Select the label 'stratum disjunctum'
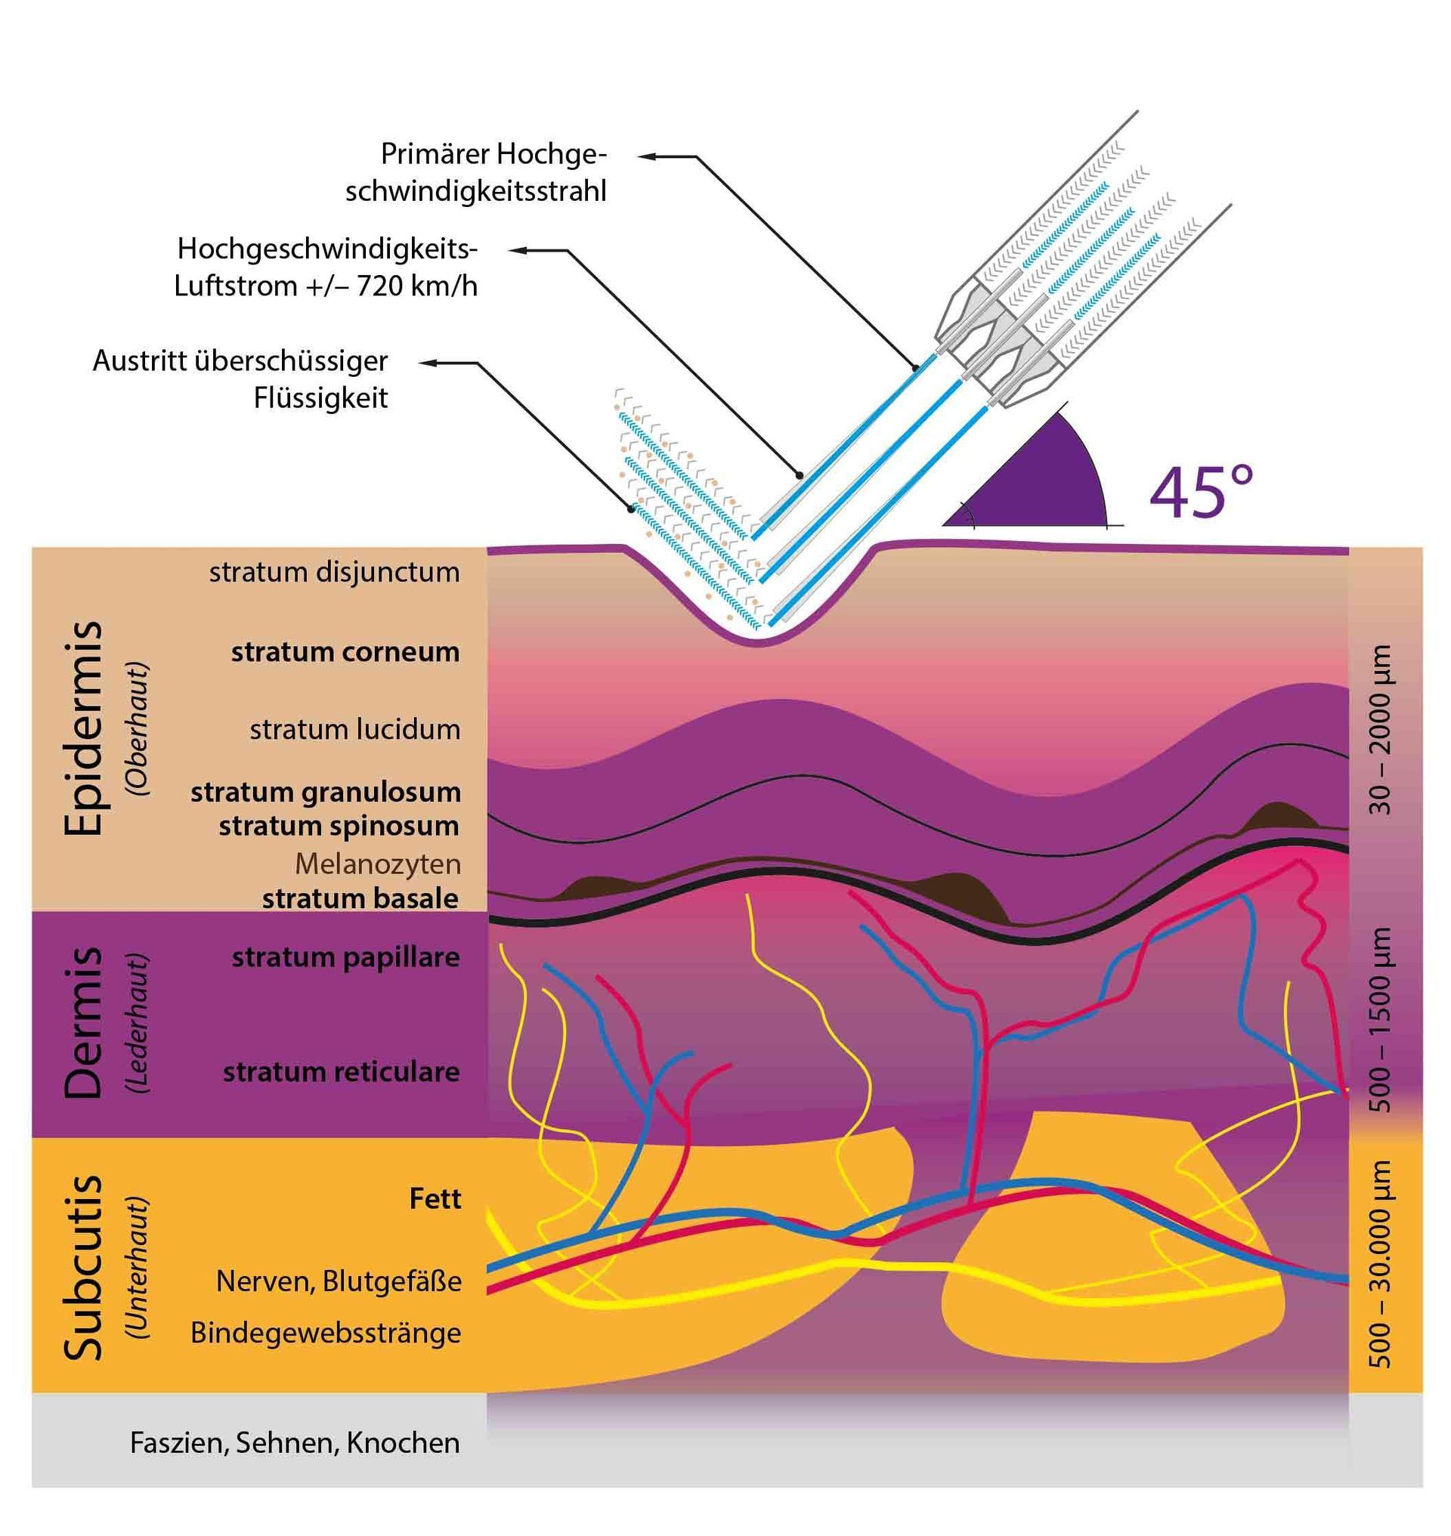pyautogui.click(x=334, y=573)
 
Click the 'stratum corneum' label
pyautogui.click(x=345, y=652)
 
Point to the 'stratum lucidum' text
pyautogui.click(x=354, y=730)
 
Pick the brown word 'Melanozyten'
pyautogui.click(x=377, y=864)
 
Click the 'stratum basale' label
pyautogui.click(x=360, y=898)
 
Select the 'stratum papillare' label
pyautogui.click(x=345, y=957)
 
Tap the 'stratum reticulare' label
pyautogui.click(x=341, y=1073)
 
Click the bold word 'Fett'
pyautogui.click(x=435, y=1200)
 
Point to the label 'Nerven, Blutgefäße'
pyautogui.click(x=338, y=1281)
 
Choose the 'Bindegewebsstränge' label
pyautogui.click(x=326, y=1334)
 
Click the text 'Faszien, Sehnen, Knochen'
pyautogui.click(x=295, y=1443)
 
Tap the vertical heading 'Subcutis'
pyautogui.click(x=84, y=1268)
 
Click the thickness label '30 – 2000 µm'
pyautogui.click(x=1381, y=729)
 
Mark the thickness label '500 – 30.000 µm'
pyautogui.click(x=1381, y=1264)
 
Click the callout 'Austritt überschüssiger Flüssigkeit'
pyautogui.click(x=240, y=380)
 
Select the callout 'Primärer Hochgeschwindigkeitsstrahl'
pyautogui.click(x=475, y=172)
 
